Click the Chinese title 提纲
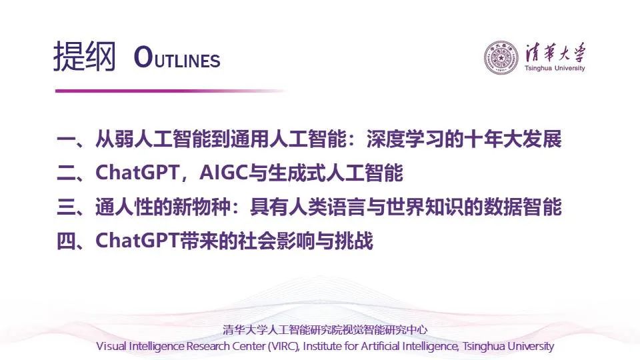pos(85,57)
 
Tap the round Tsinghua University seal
pos(501,57)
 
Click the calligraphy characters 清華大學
pos(555,53)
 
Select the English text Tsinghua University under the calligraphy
pos(555,68)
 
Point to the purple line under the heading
pos(171,91)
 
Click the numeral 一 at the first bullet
pos(66,139)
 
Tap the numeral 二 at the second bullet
pos(66,173)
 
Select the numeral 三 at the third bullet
pos(66,207)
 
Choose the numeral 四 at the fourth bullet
pos(66,241)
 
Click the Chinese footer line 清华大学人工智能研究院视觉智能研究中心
pos(325,329)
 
